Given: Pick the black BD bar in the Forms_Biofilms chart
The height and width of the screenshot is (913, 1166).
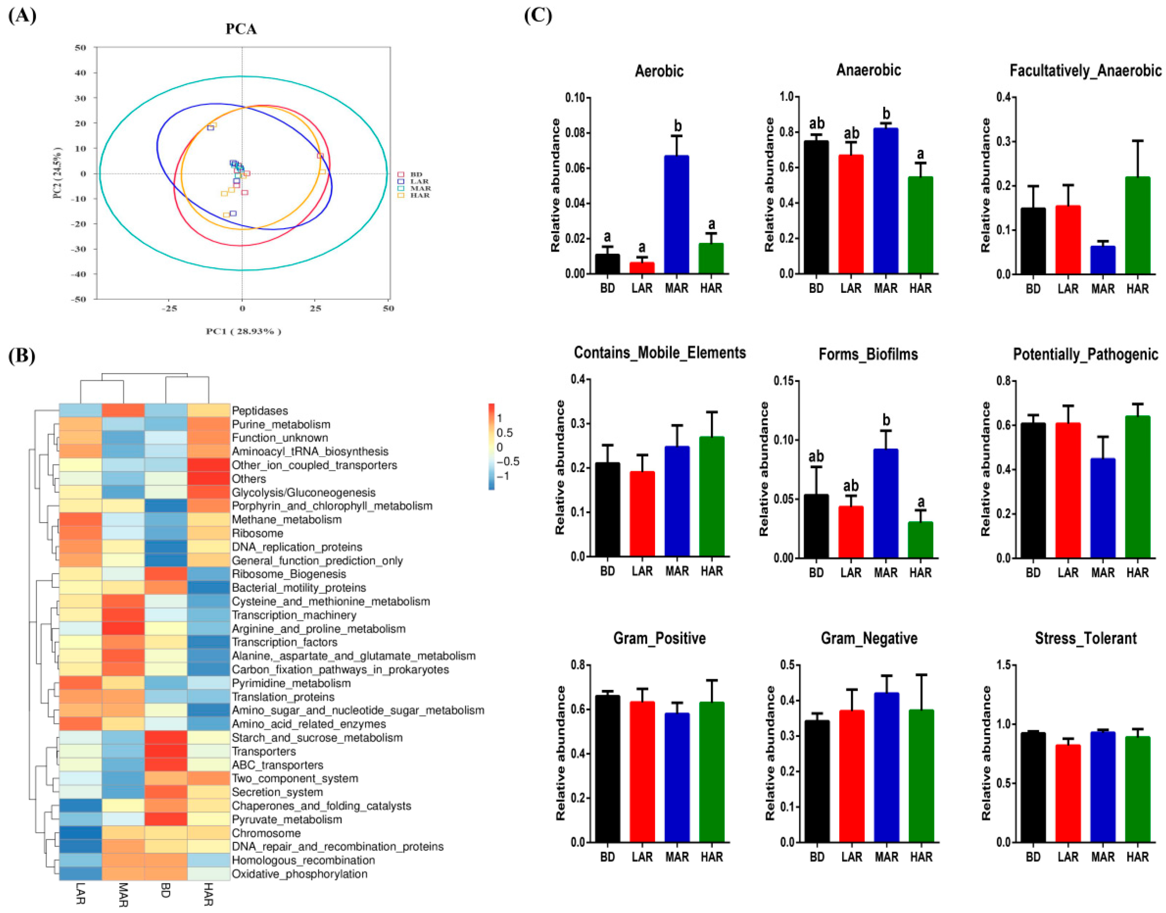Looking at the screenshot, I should point(816,526).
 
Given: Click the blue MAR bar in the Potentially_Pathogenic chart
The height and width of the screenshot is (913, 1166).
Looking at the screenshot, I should point(1102,508).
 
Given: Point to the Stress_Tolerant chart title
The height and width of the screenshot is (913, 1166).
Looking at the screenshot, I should point(1085,638).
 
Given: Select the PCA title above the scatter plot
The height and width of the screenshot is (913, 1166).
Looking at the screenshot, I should point(241,29).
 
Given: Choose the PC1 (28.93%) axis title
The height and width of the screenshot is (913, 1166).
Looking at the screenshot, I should point(243,331).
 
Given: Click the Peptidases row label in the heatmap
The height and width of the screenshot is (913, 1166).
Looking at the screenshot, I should point(260,411).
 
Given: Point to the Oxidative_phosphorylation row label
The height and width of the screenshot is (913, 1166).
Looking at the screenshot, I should point(299,874).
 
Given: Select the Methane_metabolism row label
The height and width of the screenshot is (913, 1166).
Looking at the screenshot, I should point(286,520).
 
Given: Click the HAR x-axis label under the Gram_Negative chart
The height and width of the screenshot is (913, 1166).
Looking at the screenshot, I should point(920,857).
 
